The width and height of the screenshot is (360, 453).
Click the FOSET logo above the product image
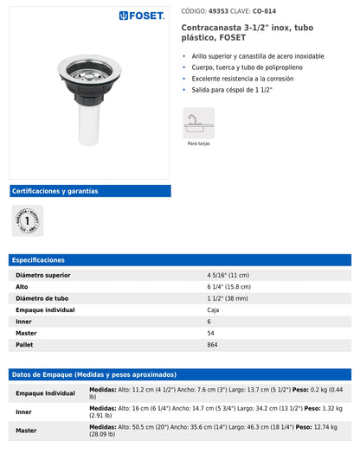pyautogui.click(x=142, y=16)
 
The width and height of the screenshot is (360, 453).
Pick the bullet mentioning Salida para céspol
pyautogui.click(x=233, y=89)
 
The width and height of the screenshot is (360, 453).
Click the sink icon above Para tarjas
pyautogui.click(x=198, y=123)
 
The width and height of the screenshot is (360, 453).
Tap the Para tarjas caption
pyautogui.click(x=198, y=144)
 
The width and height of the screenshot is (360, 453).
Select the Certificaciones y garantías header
pyautogui.click(x=55, y=191)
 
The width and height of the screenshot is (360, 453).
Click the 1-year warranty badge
pyautogui.click(x=27, y=220)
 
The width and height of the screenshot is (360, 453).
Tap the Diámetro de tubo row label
pyautogui.click(x=42, y=298)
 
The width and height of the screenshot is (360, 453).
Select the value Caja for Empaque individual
pyautogui.click(x=213, y=309)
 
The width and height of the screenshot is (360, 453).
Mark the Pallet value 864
pyautogui.click(x=213, y=344)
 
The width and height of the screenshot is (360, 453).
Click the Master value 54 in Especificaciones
pyautogui.click(x=210, y=333)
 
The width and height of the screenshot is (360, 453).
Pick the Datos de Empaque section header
pyautogui.click(x=94, y=374)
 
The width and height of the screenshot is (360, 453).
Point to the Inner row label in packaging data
pyautogui.click(x=23, y=412)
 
